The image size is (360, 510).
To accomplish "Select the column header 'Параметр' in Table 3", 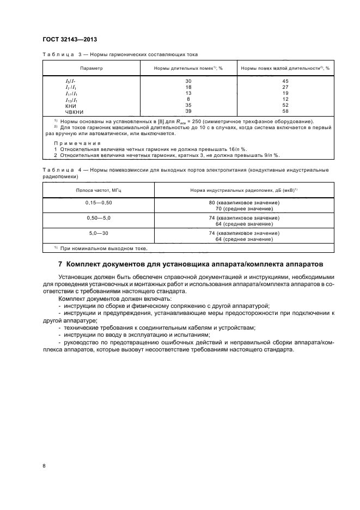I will [91, 69].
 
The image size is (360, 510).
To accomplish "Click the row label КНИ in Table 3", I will [70, 106].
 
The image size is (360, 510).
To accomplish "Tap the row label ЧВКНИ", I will [74, 111].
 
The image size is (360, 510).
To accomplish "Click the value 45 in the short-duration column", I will [285, 81].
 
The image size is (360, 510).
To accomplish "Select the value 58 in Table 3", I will [285, 111].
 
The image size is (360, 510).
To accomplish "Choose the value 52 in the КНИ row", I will [285, 106].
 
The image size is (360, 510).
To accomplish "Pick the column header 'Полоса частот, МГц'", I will [98, 190].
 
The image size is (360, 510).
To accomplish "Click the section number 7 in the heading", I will [60, 264].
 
